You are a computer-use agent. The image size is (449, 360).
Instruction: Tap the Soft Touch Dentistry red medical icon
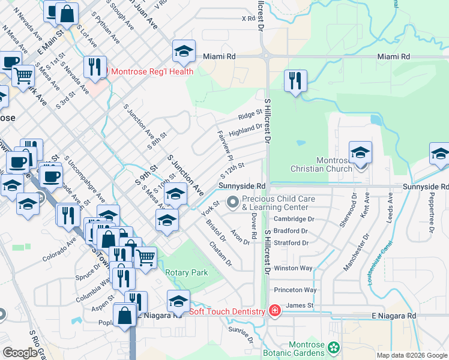pos(274,311)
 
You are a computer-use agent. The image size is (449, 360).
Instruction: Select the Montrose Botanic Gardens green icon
pos(333,347)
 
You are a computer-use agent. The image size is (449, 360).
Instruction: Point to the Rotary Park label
pos(186,272)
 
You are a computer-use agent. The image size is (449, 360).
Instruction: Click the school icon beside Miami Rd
pos(184,51)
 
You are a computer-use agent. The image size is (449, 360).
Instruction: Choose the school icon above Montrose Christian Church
pos(360,152)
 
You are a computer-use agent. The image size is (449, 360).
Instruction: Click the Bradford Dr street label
pos(290,230)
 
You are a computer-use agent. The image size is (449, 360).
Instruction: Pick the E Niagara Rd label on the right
pos(393,316)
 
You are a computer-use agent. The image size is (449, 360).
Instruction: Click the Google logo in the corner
pos(20,353)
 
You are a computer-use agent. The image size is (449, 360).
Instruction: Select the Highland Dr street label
pos(246,128)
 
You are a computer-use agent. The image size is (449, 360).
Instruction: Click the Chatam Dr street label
pos(220,254)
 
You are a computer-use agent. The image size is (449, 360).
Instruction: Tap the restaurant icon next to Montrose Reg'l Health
pos(95,67)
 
